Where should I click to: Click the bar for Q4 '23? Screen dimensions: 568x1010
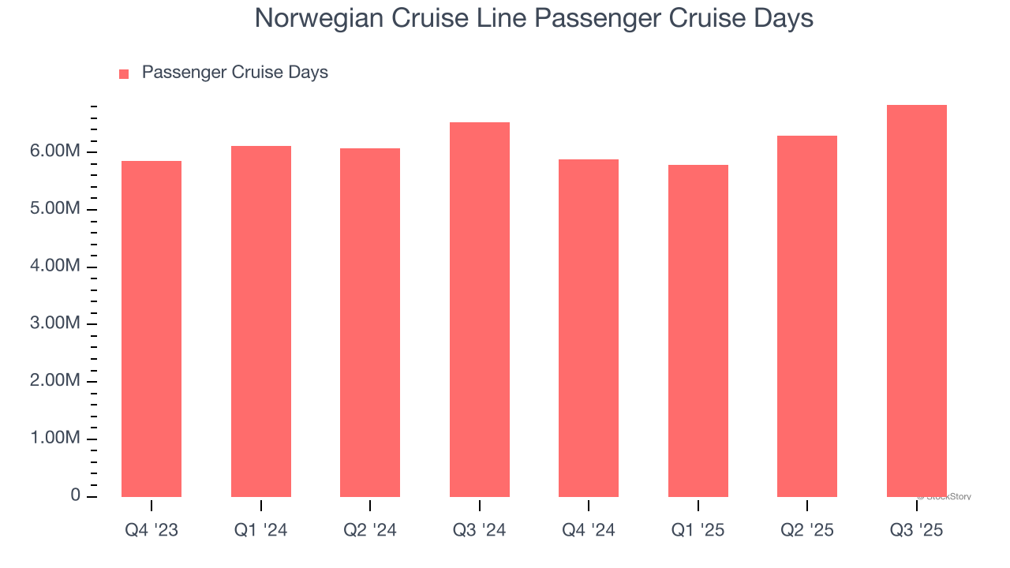[x=151, y=329]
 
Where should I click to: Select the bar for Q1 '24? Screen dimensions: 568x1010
[x=261, y=321]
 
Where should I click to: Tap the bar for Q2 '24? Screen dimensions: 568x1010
[x=370, y=323]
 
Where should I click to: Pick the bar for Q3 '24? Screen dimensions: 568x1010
[x=480, y=309]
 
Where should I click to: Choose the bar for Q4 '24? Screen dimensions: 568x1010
[x=589, y=328]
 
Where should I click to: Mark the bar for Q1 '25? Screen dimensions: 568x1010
[x=698, y=331]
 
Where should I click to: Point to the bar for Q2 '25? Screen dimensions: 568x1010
[x=807, y=316]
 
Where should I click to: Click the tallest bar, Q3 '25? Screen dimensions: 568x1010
[x=917, y=301]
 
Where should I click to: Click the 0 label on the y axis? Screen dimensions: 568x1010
[x=75, y=495]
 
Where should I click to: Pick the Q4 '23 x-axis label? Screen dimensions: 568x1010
[x=151, y=530]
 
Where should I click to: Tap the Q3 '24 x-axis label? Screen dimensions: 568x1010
[x=480, y=530]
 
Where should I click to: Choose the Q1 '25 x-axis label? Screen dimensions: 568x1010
[x=698, y=530]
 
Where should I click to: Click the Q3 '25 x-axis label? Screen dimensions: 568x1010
[x=917, y=530]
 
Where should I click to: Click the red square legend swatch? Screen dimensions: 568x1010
[x=124, y=74]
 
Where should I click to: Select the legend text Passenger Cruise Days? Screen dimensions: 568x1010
[x=234, y=73]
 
